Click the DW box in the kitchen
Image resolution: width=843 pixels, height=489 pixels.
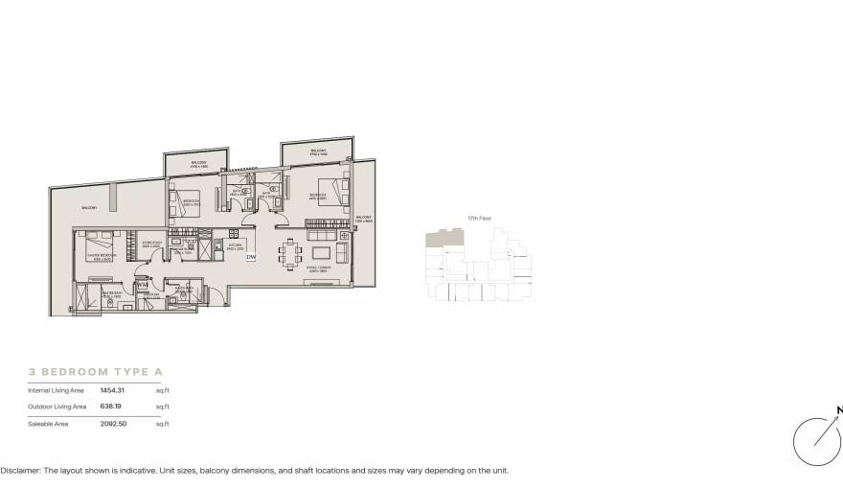point(251,257)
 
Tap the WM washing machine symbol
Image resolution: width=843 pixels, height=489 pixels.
point(142,285)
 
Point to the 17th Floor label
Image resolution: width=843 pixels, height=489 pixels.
point(479,219)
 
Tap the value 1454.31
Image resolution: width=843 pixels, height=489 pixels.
point(112,390)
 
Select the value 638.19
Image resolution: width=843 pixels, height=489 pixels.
point(110,407)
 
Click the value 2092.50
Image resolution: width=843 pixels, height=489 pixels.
point(112,423)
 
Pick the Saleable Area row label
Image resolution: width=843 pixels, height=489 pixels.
point(48,423)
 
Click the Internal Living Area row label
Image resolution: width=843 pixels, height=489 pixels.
point(57,390)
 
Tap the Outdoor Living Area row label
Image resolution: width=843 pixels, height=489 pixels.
point(57,407)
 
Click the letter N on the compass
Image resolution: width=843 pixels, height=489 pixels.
point(839,410)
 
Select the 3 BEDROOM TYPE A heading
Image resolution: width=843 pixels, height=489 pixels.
point(96,370)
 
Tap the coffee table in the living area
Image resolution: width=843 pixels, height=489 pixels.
point(319,253)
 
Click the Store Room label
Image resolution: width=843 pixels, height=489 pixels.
point(151,244)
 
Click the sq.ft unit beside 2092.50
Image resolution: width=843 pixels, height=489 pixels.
point(162,423)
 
